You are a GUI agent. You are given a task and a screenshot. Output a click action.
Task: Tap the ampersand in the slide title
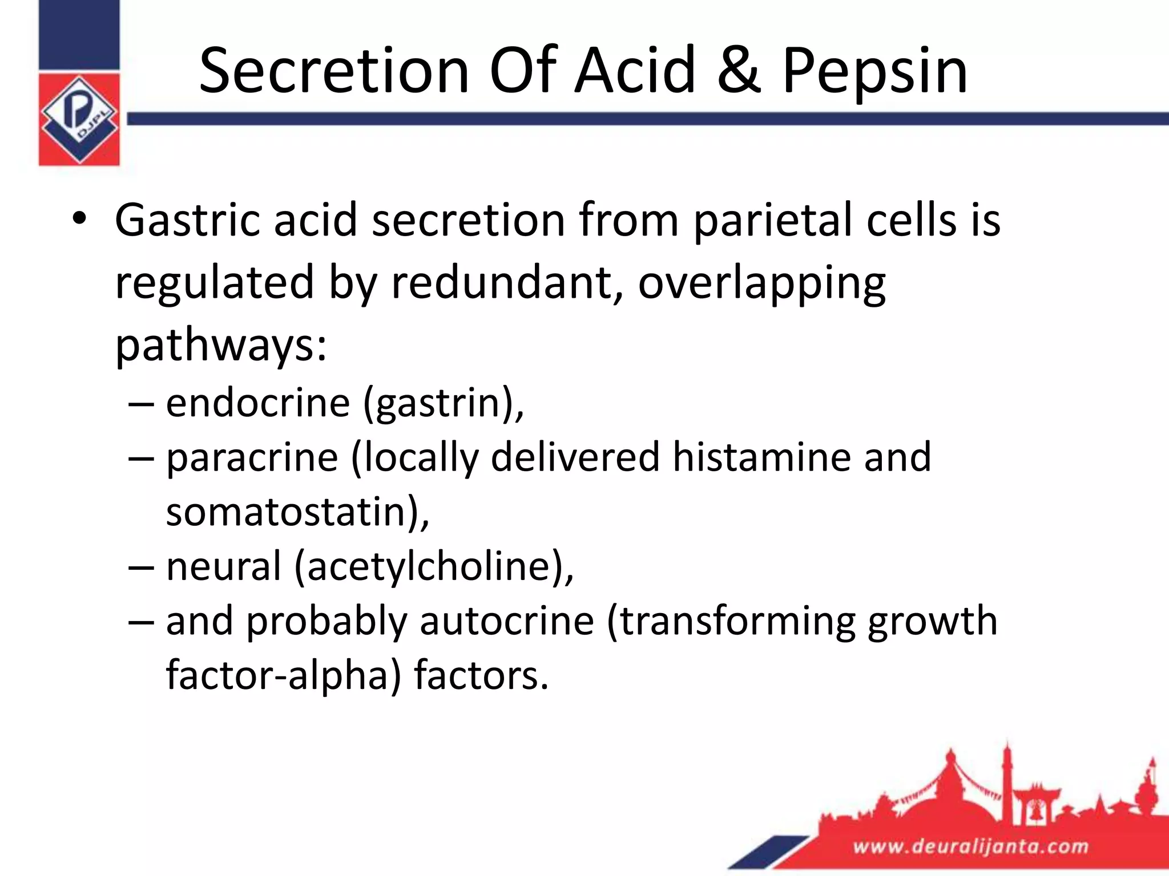coord(739,71)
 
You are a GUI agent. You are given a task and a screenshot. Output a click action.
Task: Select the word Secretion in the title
coord(334,71)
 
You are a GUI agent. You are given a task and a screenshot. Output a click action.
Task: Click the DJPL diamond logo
coord(79,119)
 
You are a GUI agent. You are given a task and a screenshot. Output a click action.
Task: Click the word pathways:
coord(221,346)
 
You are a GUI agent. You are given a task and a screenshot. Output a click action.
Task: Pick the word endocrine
coord(258,403)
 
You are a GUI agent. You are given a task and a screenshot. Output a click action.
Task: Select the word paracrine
coord(252,458)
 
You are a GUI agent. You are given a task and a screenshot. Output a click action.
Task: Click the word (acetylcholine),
coord(434,567)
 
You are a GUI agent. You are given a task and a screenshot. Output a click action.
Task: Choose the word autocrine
coord(507,621)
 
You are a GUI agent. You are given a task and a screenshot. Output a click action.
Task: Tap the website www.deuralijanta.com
coord(970,846)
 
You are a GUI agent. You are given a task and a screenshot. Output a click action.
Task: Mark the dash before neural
coord(141,567)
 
